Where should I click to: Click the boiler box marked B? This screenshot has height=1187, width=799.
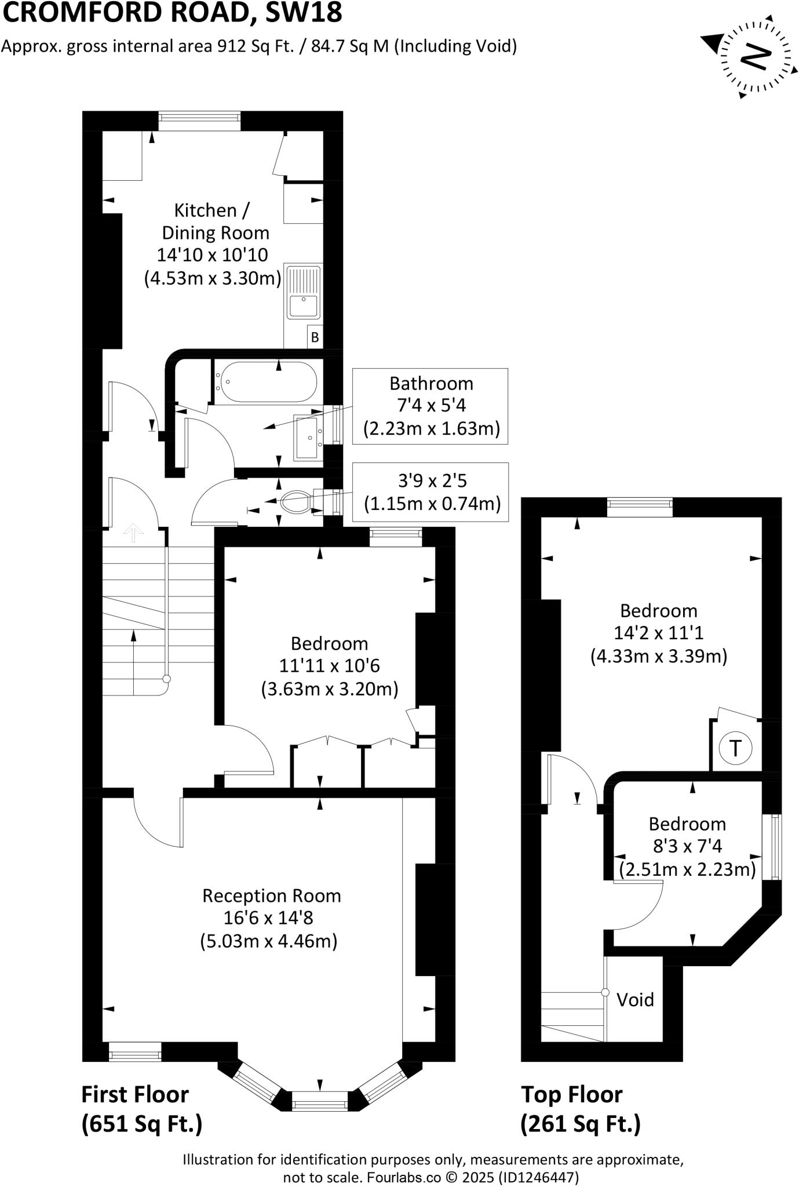coord(315,337)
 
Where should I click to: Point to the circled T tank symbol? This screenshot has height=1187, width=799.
coord(735,748)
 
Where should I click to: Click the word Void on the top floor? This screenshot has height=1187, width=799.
coord(635,1000)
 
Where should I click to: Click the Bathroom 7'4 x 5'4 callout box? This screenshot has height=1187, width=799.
coord(430,406)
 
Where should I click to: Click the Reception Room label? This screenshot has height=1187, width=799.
coord(271,896)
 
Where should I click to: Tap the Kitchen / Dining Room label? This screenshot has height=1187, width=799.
coord(213,221)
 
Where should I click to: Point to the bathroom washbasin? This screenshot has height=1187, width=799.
coord(308,436)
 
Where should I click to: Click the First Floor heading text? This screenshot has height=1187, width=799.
coord(135,1094)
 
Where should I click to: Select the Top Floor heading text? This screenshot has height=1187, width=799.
coord(571,1094)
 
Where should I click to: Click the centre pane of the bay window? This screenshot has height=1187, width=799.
coord(320,1100)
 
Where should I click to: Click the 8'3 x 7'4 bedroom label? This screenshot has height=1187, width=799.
coord(687,846)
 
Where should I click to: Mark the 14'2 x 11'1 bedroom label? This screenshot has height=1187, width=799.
coord(658,633)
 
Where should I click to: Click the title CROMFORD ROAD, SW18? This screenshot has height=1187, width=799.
coord(172,13)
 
